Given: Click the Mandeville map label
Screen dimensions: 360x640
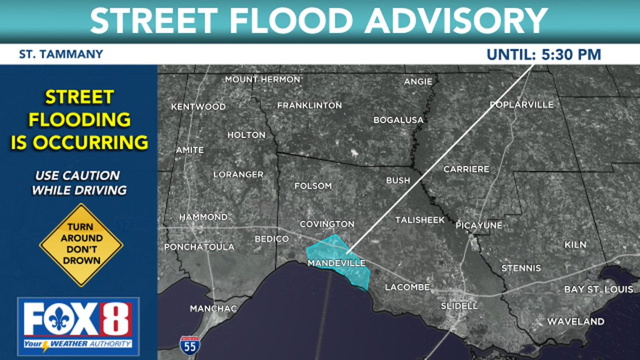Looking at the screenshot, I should (337, 263).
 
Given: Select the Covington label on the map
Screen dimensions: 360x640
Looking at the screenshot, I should (327, 224).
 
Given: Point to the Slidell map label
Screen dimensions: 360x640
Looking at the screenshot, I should (460, 306).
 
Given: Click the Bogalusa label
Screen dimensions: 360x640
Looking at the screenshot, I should (398, 120).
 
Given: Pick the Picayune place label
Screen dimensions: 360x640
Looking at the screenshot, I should (479, 226).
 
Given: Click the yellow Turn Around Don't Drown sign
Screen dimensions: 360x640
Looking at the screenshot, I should (81, 245).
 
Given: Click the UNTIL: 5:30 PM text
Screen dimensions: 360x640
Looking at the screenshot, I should (544, 54).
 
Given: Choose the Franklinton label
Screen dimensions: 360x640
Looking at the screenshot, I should (309, 106).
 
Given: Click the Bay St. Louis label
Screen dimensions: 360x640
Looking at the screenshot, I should (599, 290).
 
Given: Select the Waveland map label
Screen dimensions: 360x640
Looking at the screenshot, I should (575, 322).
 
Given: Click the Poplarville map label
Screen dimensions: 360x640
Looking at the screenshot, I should (522, 105).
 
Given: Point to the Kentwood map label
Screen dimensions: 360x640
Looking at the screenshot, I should (198, 107).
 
